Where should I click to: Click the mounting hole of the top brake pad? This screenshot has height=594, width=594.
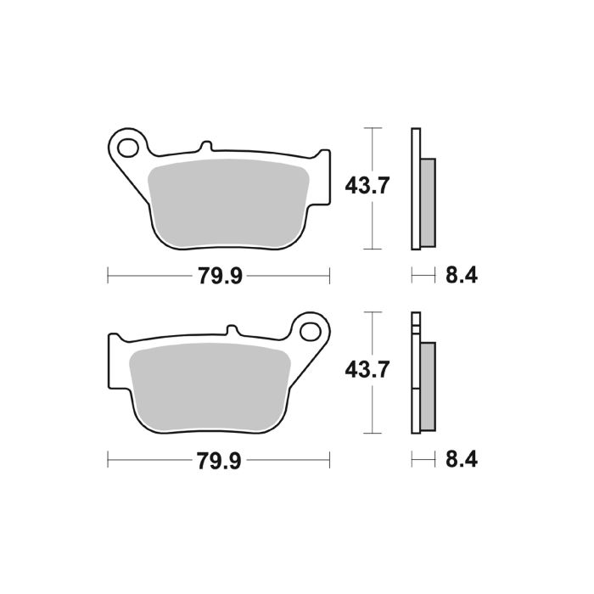128,148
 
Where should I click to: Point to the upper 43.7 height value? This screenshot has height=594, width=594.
367,185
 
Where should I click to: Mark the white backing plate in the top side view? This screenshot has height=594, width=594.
415,188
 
